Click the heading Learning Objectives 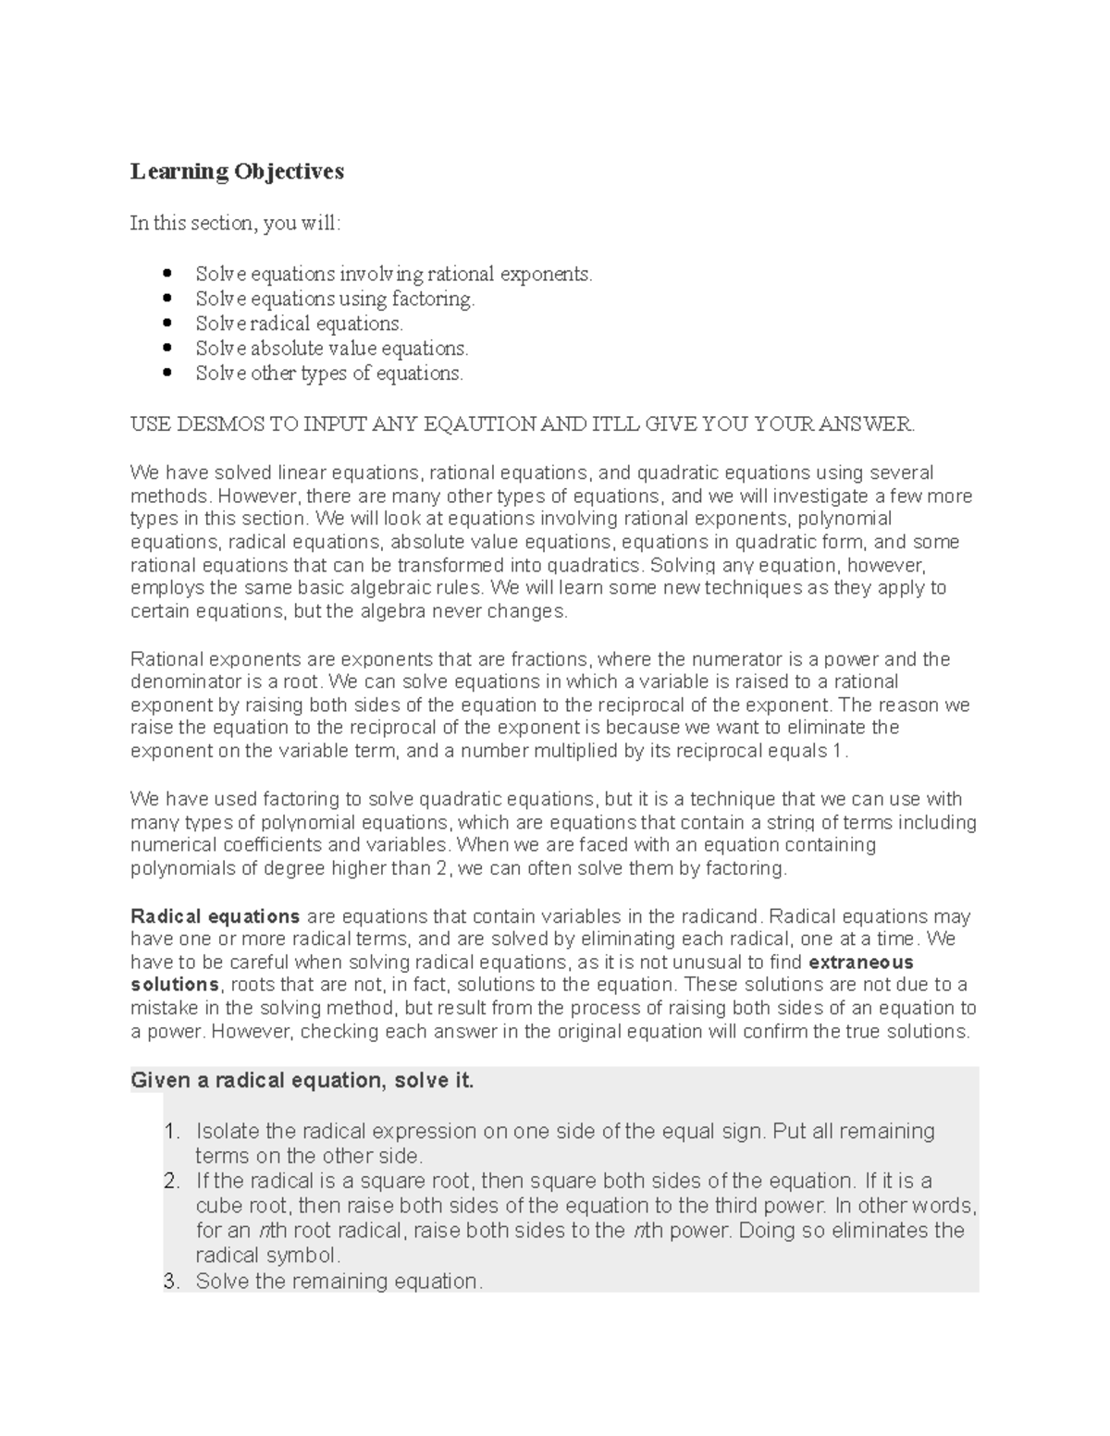(237, 171)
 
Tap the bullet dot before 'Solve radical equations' (167, 324)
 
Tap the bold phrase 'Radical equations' (216, 916)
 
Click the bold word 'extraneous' (861, 962)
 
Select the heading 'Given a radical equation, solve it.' (302, 1080)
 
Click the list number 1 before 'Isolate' (170, 1131)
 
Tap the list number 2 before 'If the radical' (170, 1181)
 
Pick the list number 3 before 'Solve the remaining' (170, 1281)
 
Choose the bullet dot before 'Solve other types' (167, 374)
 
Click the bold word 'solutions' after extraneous (175, 985)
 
